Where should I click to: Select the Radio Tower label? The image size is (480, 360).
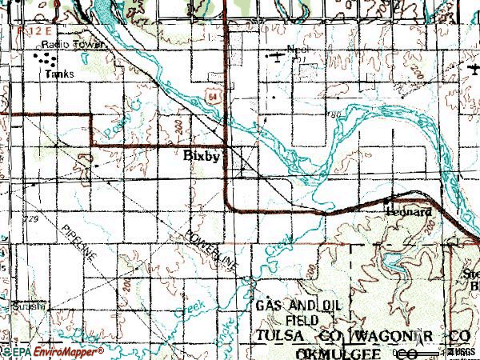tap(74, 45)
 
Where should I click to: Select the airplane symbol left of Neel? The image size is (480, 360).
tap(277, 55)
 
